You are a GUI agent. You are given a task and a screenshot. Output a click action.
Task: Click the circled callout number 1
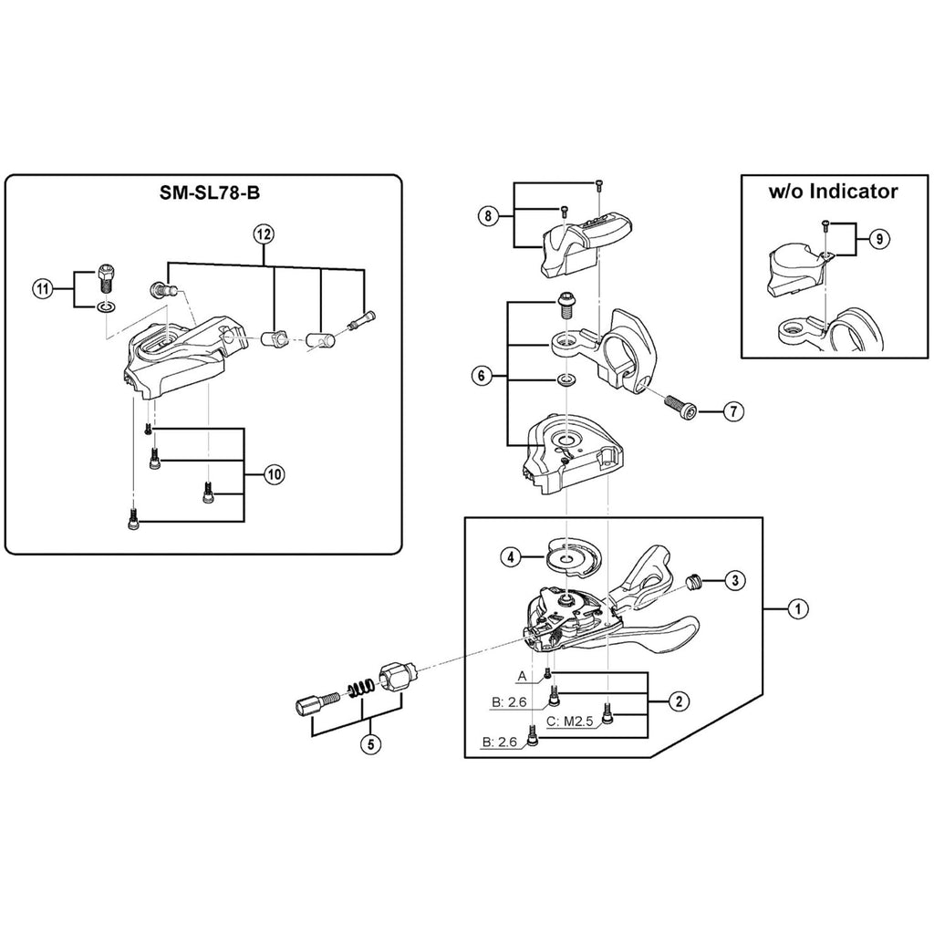(x=797, y=608)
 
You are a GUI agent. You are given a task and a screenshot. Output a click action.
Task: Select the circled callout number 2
(x=679, y=701)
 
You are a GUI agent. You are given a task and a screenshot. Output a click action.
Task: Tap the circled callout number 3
(x=735, y=579)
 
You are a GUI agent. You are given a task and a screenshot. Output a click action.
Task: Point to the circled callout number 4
(x=511, y=557)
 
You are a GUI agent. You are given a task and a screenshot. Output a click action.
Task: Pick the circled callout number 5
(x=370, y=744)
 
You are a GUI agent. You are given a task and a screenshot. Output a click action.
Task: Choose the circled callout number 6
(x=482, y=376)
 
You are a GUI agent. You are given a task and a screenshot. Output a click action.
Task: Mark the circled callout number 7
(x=733, y=411)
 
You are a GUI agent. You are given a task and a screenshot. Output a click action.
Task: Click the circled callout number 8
(x=488, y=215)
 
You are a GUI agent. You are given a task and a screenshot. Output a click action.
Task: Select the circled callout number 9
(x=879, y=239)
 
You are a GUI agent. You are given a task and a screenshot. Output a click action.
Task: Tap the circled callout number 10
(x=274, y=474)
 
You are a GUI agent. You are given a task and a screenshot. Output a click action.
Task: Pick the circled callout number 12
(x=264, y=234)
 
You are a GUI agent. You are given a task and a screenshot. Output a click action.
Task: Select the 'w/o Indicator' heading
(x=834, y=192)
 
